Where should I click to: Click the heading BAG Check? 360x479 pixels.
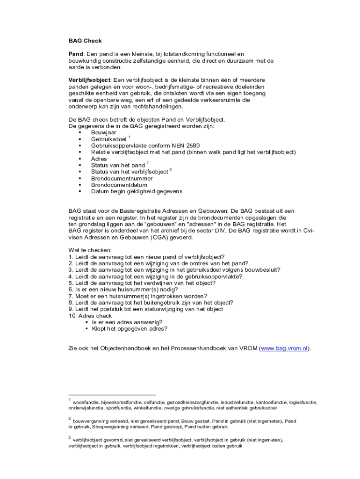click(85, 41)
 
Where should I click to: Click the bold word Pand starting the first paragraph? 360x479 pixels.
click(76, 54)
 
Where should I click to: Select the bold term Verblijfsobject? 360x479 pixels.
click(89, 80)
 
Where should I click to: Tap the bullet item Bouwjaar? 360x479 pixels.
click(104, 132)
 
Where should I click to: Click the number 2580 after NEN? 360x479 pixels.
click(189, 145)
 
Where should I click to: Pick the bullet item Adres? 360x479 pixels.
click(99, 159)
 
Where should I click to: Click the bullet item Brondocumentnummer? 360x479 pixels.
click(122, 178)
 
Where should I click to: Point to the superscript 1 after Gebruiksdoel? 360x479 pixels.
click(129, 137)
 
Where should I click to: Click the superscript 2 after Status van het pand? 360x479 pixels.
click(147, 163)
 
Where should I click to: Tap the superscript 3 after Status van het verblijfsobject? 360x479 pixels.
click(171, 170)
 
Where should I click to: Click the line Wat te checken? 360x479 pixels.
click(90, 250)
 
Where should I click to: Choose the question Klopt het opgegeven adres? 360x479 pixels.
click(129, 328)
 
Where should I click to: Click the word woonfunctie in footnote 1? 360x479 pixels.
click(85, 402)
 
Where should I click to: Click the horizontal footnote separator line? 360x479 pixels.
click(112, 395)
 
